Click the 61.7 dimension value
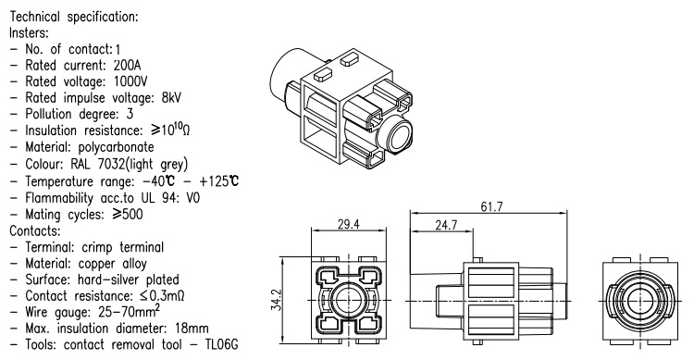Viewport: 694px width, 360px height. [x=491, y=206]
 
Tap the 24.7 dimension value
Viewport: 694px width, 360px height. [x=446, y=225]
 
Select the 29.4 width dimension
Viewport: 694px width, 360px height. [x=349, y=224]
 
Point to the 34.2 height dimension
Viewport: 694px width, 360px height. [x=276, y=300]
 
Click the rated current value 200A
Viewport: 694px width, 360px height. [x=127, y=65]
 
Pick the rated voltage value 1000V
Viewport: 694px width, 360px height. [x=130, y=81]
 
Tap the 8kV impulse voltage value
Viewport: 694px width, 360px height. [x=171, y=97]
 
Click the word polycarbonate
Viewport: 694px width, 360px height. [x=116, y=147]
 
